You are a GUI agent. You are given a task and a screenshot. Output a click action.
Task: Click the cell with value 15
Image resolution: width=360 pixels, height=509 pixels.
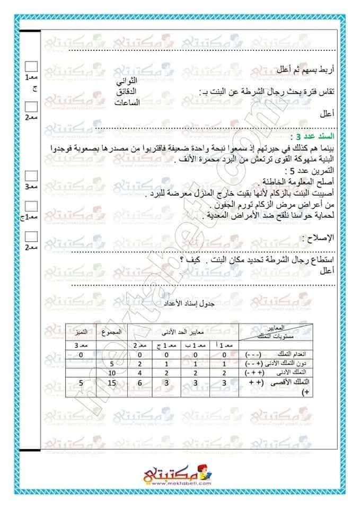tap(111, 382)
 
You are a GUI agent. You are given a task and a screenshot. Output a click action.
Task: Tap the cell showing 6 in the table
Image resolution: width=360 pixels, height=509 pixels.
tap(139, 382)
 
